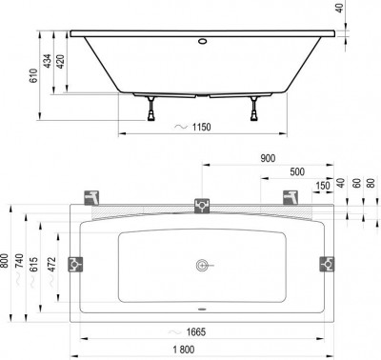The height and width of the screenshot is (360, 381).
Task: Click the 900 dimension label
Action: [x=269, y=159]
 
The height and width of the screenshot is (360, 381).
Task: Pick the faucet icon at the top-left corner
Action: [x=92, y=197]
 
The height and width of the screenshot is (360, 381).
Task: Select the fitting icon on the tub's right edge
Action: [x=327, y=263]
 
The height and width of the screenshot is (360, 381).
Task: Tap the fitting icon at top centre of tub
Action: [x=202, y=204]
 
